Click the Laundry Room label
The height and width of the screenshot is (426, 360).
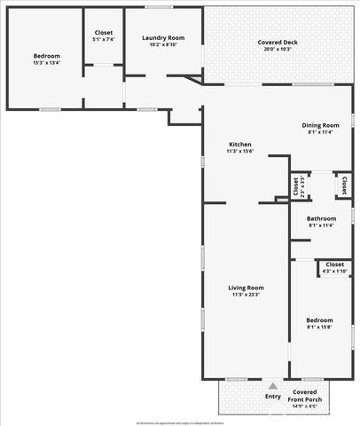tap(163, 38)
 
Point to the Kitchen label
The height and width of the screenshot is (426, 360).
tap(240, 145)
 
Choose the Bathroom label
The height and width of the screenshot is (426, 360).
tap(322, 218)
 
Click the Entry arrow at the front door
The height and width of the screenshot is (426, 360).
tap(273, 387)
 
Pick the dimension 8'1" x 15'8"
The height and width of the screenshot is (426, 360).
tap(319, 327)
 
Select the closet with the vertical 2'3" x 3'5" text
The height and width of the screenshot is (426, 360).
tap(296, 186)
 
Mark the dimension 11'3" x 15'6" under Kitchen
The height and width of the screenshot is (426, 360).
tap(240, 152)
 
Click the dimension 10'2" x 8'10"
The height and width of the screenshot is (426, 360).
tap(163, 45)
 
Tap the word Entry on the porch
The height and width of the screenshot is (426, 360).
tap(273, 396)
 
